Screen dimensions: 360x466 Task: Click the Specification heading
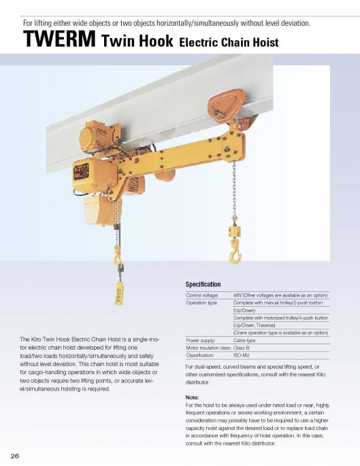pos(203,284)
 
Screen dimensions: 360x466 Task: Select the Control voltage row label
pos(201,295)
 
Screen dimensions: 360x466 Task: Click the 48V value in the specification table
pos(238,295)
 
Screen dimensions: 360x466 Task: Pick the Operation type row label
pos(201,303)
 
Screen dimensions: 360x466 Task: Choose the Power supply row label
pos(200,340)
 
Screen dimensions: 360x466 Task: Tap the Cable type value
pos(244,340)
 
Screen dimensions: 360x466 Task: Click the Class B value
pos(242,348)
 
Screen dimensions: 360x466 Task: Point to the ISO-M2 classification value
pos(242,355)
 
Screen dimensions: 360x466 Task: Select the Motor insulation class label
pos(208,348)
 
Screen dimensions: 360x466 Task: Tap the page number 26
pos(14,454)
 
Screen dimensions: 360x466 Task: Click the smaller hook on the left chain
pos(117,255)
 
